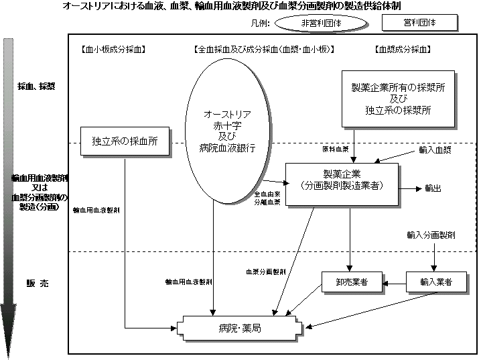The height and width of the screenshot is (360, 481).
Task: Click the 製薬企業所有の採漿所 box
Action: pos(398,99)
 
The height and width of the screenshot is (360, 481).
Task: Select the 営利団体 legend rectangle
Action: pos(419,23)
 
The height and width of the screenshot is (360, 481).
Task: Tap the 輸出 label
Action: pos(434,188)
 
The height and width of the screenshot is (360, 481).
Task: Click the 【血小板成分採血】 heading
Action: pos(112,50)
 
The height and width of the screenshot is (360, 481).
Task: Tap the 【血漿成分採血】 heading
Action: pos(400,50)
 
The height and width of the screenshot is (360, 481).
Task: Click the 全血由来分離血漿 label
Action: pos(267,198)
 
